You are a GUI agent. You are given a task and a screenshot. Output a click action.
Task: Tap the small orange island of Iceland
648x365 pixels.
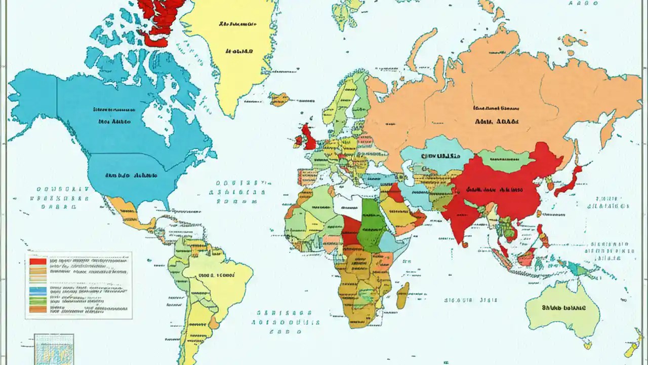point(279,99)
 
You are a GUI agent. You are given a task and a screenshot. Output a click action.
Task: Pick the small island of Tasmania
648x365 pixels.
point(587,345)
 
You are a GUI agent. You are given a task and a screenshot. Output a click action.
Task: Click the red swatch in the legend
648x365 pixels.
point(38,262)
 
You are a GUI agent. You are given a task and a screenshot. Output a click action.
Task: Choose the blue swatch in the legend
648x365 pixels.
point(38,290)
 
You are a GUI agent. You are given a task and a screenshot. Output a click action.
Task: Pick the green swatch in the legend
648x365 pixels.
point(38,300)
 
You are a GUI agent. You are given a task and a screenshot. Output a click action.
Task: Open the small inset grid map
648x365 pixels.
point(54,349)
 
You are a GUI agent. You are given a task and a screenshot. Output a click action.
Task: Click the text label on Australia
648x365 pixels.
point(563,308)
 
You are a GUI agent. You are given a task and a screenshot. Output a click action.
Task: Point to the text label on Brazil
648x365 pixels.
point(216,275)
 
